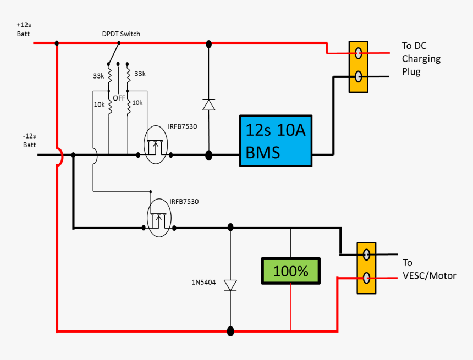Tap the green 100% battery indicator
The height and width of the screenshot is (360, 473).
pyautogui.click(x=290, y=271)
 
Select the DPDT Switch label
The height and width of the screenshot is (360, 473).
pyautogui.click(x=121, y=34)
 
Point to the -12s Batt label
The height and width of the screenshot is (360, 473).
pyautogui.click(x=29, y=141)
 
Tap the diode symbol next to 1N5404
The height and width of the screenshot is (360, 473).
pyautogui.click(x=230, y=285)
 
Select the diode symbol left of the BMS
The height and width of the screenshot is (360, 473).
pyautogui.click(x=208, y=104)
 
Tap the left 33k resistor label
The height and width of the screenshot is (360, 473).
pyautogui.click(x=98, y=76)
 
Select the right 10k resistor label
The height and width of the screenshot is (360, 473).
pyautogui.click(x=137, y=103)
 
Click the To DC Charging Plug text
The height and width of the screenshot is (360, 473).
pyautogui.click(x=421, y=59)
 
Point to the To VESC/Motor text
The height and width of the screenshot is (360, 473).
pyautogui.click(x=429, y=269)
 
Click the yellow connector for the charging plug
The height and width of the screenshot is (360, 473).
pyautogui.click(x=358, y=67)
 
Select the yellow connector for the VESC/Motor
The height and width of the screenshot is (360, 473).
pyautogui.click(x=366, y=268)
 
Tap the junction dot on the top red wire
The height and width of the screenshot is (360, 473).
pyautogui.click(x=208, y=43)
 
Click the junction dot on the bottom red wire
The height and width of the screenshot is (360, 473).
pyautogui.click(x=230, y=331)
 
